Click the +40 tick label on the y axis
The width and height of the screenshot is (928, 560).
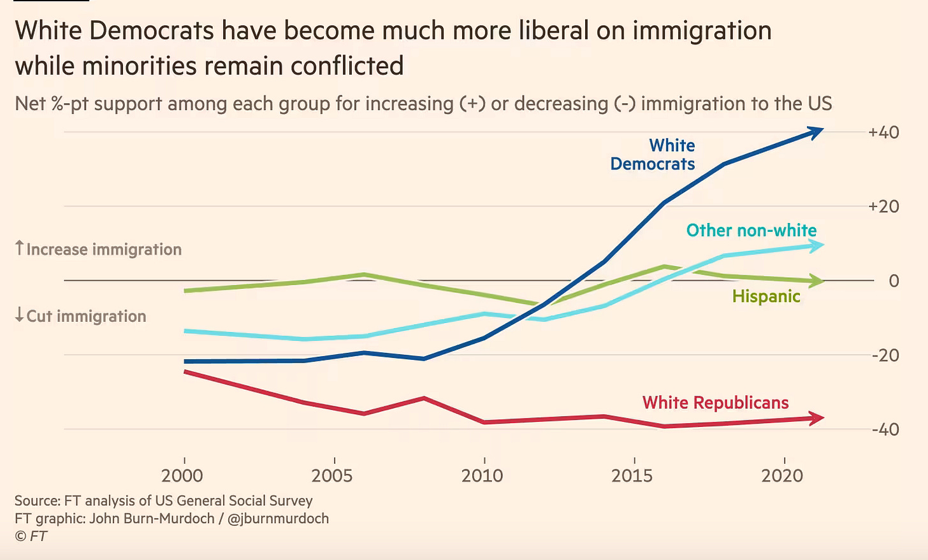(x=883, y=133)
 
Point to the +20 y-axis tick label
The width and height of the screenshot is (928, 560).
(x=883, y=206)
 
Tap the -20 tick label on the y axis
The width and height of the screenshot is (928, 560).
(x=885, y=355)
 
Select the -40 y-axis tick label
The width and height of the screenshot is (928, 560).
(x=885, y=429)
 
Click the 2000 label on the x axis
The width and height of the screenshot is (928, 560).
(x=182, y=475)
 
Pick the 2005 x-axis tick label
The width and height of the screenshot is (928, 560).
(x=332, y=475)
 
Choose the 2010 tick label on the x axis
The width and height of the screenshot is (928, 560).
(x=482, y=475)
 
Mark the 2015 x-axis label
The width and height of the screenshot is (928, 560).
(x=632, y=475)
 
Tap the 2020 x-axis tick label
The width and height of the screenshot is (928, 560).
(x=782, y=475)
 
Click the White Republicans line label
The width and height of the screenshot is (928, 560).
(x=715, y=403)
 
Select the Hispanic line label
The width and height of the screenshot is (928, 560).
(x=766, y=296)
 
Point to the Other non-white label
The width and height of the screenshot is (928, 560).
(x=751, y=230)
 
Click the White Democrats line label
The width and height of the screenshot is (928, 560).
(x=653, y=155)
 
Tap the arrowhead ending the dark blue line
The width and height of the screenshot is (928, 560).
(x=816, y=131)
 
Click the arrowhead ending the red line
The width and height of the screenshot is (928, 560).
(x=816, y=418)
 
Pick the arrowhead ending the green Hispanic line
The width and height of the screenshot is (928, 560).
(x=816, y=280)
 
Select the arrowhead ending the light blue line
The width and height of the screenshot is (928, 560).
(x=816, y=245)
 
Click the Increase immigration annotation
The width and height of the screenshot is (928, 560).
(x=98, y=249)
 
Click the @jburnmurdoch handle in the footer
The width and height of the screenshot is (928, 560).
(x=278, y=519)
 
